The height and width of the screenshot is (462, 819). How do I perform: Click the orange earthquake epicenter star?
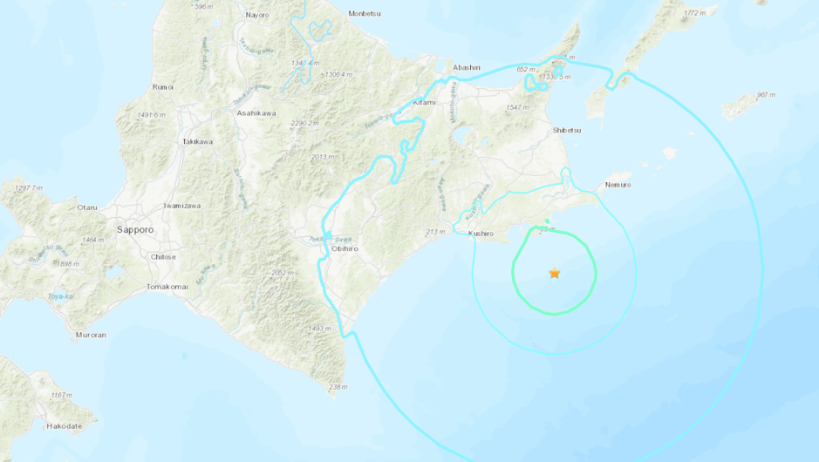pos(555,273)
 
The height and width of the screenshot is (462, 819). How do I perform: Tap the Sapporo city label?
pos(135,229)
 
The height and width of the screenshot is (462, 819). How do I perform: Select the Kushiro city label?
pos(481,234)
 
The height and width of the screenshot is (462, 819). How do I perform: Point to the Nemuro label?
pos(617,185)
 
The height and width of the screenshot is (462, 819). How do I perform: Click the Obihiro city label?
pos(345,249)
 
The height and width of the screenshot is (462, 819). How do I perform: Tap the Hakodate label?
pos(65,425)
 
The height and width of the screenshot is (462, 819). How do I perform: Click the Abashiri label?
pos(467,67)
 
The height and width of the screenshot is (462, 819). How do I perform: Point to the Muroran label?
pos(91,335)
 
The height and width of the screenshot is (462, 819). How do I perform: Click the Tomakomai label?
pos(168,287)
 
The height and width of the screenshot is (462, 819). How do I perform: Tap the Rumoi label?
pos(162,87)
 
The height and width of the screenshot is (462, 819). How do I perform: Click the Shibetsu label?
pos(567,130)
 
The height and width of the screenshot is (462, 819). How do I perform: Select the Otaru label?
pos(87,207)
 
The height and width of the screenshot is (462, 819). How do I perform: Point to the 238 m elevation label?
pos(338,387)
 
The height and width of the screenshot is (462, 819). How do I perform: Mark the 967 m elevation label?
pos(766,95)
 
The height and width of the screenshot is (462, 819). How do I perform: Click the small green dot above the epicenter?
pos(548,221)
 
